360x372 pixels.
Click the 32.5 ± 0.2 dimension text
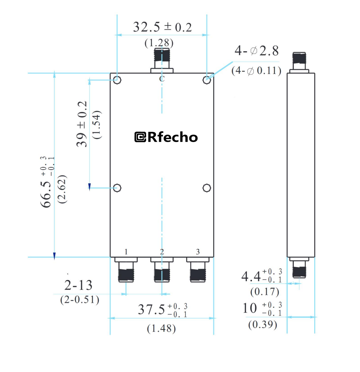click(162, 27)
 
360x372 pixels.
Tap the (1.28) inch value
click(159, 43)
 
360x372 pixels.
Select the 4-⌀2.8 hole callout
click(257, 51)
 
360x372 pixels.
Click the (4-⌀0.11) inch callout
click(256, 71)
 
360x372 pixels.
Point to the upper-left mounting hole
click(117, 80)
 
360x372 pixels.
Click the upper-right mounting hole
click(207, 80)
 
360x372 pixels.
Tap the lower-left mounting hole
click(117, 188)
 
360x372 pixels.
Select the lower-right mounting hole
click(207, 188)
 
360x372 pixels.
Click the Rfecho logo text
click(166, 137)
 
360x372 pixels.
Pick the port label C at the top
click(162, 79)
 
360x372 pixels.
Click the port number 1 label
click(126, 252)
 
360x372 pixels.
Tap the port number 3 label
click(198, 252)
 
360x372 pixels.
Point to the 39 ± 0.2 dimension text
click(82, 124)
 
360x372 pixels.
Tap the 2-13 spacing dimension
click(78, 285)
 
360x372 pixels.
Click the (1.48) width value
click(161, 328)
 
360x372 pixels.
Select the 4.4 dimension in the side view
click(251, 276)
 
